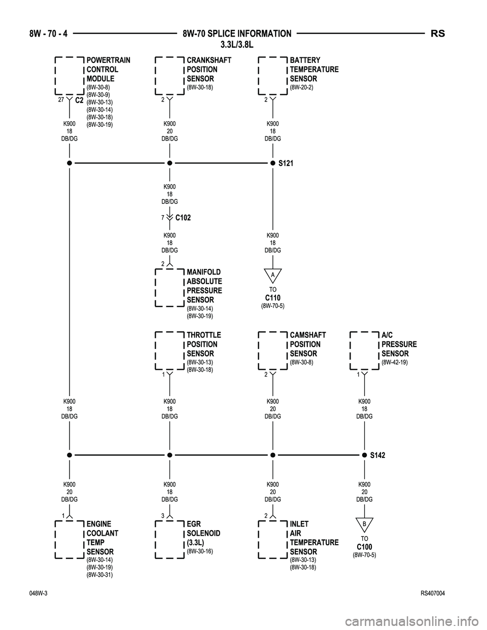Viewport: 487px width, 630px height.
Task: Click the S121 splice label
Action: pos(286,164)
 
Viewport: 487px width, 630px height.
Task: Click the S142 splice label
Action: pos(377,456)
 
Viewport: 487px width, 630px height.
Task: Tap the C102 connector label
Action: pos(183,218)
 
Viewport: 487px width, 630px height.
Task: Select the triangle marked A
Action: pos(272,275)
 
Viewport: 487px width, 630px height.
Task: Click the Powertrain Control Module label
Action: pos(108,69)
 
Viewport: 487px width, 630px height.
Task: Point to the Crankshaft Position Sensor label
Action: pos(208,69)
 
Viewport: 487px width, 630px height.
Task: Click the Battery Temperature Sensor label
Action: pos(314,69)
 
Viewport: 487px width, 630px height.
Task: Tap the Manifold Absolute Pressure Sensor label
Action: pos(204,286)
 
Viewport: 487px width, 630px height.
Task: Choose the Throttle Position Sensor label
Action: pos(203,344)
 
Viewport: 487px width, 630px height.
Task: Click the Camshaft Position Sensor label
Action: pos(307,344)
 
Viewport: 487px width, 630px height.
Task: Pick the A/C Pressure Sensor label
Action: pos(399,344)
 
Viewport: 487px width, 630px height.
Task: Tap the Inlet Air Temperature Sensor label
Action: pos(314,538)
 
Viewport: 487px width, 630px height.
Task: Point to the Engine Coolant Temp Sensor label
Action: pos(102,538)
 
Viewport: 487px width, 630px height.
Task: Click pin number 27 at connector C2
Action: pos(60,100)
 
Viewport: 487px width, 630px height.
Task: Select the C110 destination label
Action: pos(272,298)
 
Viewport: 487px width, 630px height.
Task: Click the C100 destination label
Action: pos(364,547)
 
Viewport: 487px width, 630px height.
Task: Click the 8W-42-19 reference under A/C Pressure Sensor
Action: pos(394,363)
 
